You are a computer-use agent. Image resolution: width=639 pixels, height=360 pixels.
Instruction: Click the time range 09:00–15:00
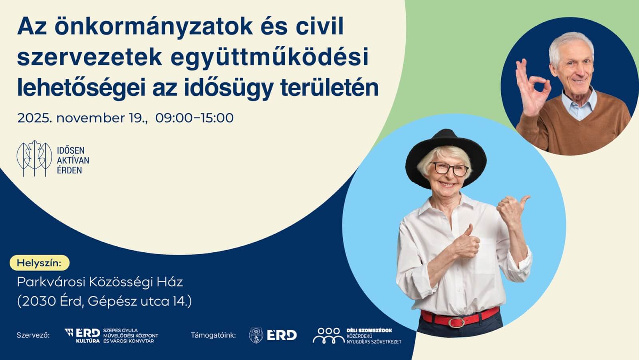point(194,118)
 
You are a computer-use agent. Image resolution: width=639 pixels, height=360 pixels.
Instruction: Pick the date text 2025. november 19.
point(82,118)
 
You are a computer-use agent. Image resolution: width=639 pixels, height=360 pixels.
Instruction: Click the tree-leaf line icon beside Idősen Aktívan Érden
point(34,159)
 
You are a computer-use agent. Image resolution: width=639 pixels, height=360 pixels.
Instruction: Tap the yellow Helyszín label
point(39,263)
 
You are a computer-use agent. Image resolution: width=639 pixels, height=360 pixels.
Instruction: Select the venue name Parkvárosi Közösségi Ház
point(99,282)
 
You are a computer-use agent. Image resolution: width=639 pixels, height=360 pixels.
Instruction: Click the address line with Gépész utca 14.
point(104,301)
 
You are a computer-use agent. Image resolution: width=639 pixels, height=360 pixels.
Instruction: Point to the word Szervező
point(33,335)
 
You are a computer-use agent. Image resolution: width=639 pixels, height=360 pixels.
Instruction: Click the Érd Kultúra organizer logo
point(82,335)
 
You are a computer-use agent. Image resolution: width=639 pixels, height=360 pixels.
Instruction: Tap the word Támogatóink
point(213,335)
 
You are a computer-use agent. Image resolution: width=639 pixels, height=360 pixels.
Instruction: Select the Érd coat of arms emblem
point(256,335)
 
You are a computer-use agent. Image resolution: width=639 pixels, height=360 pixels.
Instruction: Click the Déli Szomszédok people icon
point(328,335)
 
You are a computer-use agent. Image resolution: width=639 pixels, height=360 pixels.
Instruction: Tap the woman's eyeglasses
point(449,169)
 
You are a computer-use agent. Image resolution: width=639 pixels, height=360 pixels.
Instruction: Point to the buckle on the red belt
point(456,322)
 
